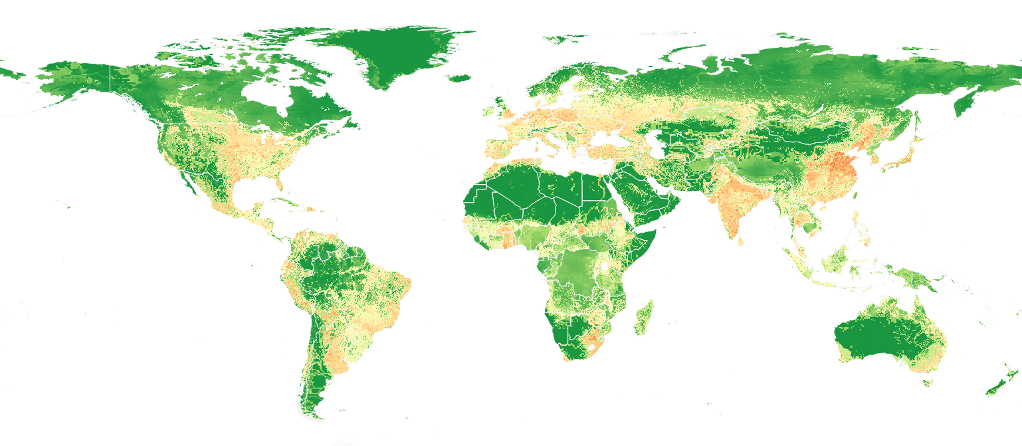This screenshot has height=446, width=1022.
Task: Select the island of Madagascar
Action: (643, 318)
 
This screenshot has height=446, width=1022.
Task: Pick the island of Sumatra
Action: (797, 262)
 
